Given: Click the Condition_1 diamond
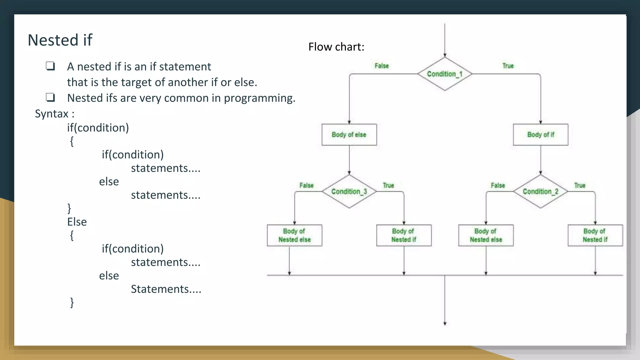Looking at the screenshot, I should point(444,74).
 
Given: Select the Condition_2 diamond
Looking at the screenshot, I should point(540,191).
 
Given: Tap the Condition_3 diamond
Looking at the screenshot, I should point(349,191).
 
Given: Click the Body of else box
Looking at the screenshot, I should point(349,135).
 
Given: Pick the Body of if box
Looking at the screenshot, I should point(540,135).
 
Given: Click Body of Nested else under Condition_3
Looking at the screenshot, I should point(294,235).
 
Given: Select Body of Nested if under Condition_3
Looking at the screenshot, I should point(404,235).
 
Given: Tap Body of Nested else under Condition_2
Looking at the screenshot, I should point(486,235).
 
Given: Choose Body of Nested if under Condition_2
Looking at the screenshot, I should point(595,235).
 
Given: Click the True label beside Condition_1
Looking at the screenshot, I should point(508,66).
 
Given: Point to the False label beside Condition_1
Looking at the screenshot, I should point(382,66).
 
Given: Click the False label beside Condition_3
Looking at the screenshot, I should point(306,185).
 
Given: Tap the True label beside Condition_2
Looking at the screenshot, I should point(579,185).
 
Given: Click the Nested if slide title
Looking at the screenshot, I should point(60,40).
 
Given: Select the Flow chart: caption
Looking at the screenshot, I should point(336,47).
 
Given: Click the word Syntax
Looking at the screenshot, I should point(52,114).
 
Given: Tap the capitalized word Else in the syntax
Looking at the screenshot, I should point(77,222).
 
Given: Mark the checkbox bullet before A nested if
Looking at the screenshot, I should point(50,66).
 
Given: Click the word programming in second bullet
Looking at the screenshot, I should point(259,98).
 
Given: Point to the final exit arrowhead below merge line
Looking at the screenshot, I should point(445,323).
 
